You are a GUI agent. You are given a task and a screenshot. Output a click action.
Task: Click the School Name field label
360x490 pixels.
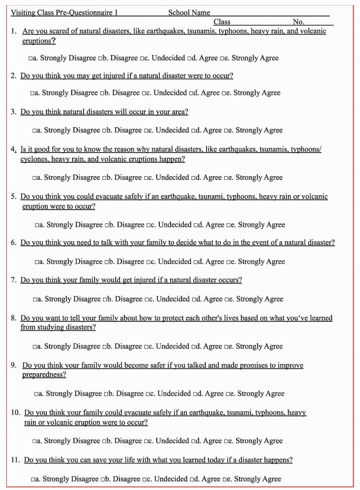(189, 13)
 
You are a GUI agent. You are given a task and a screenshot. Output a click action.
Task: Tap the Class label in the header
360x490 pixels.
(222, 22)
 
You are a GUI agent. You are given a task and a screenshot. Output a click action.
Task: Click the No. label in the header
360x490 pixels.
(298, 22)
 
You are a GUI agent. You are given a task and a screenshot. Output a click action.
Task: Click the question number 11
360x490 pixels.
(15, 460)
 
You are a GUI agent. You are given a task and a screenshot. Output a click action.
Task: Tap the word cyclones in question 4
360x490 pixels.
(34, 159)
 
